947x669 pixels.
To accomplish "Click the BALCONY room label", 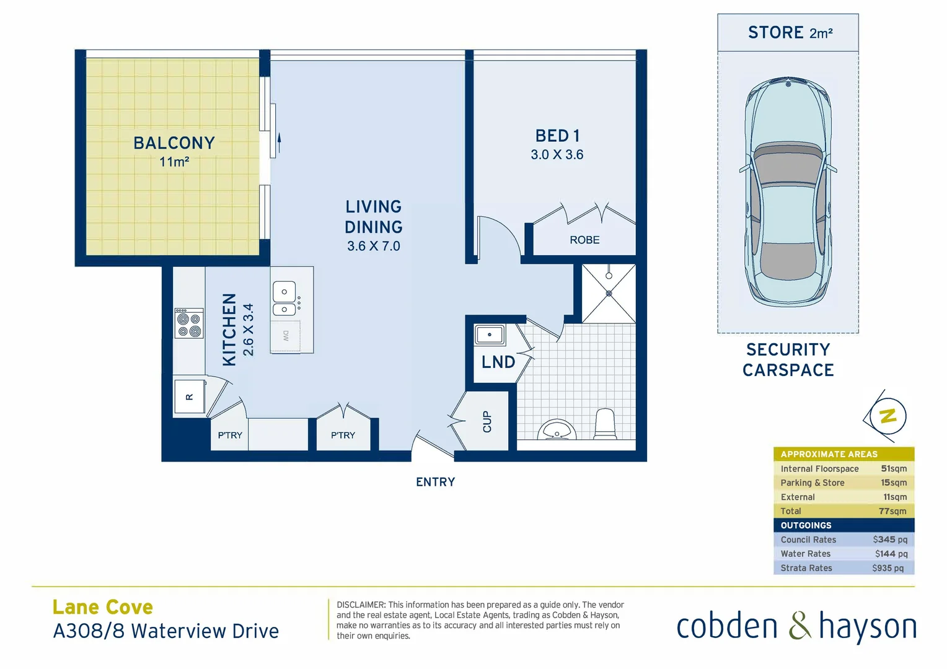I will (x=174, y=143).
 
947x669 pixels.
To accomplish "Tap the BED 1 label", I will (x=557, y=136).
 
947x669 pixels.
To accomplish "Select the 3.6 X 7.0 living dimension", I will (x=373, y=246).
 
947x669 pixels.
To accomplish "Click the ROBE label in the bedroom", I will (x=584, y=240).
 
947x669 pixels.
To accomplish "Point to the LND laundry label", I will (x=498, y=362).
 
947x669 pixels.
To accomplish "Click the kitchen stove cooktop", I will (x=189, y=323).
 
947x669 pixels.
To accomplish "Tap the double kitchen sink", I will (x=284, y=299).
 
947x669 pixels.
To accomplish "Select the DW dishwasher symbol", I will (x=286, y=336).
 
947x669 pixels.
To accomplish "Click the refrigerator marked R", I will (x=189, y=397).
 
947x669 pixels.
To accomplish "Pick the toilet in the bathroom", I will (x=605, y=424).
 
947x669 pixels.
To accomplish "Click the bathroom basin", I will (x=557, y=431).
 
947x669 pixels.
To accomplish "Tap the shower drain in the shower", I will (x=609, y=294).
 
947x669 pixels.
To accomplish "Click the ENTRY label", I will (x=435, y=482).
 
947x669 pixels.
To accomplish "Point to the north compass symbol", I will (x=888, y=416).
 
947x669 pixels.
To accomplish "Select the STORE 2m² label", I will (x=790, y=33).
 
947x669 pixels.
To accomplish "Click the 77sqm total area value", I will (x=892, y=511).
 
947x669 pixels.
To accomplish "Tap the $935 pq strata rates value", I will (x=888, y=568).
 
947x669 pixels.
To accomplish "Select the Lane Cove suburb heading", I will (x=103, y=607).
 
